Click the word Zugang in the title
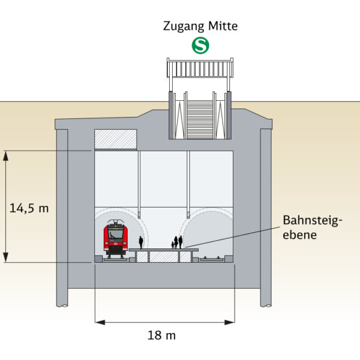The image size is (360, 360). pyautogui.click(x=182, y=26)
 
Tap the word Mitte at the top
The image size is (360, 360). pyautogui.click(x=221, y=26)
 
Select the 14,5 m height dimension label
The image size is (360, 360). pyautogui.click(x=29, y=208)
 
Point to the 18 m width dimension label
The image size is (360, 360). pyautogui.click(x=161, y=335)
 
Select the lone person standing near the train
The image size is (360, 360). pyautogui.click(x=141, y=242)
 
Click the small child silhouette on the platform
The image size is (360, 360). pyautogui.click(x=173, y=245)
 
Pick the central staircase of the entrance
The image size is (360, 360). pyautogui.click(x=200, y=119)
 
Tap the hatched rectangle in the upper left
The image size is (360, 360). pyautogui.click(x=116, y=140)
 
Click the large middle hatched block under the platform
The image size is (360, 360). pyautogui.click(x=164, y=257)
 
